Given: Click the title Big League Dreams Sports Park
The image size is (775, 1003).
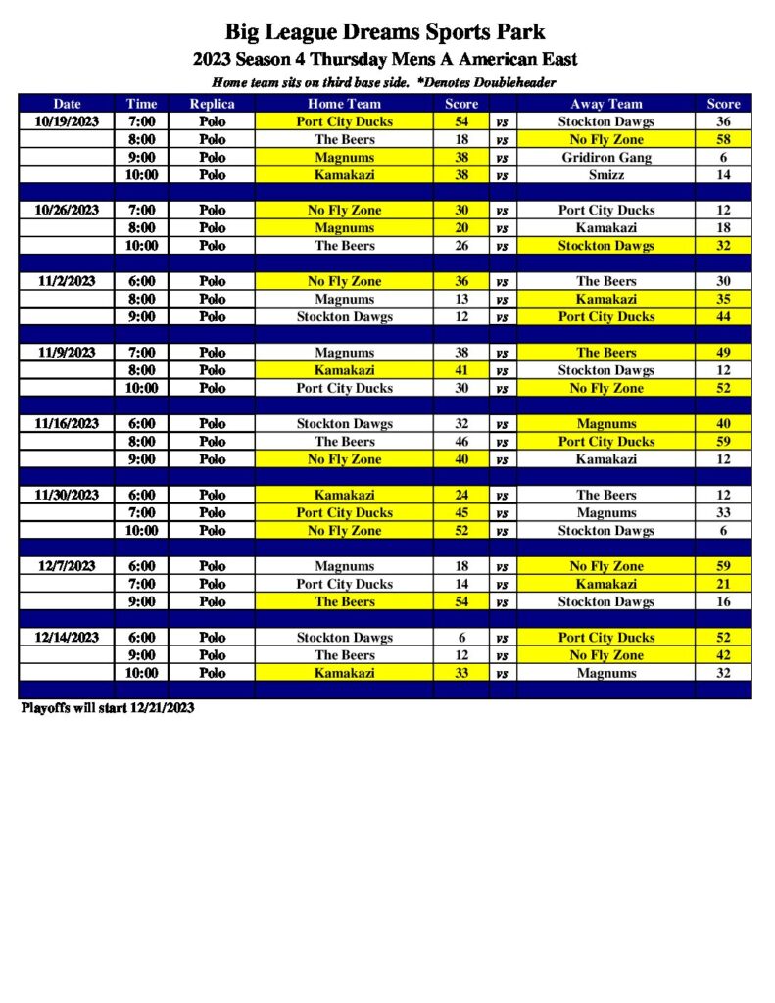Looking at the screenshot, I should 385,32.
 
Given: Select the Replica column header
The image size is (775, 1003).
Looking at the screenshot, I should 212,104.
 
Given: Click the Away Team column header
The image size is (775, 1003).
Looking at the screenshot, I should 605,104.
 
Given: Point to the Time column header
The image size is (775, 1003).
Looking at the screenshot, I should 141,104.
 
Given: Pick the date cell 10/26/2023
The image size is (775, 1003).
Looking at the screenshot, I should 67,211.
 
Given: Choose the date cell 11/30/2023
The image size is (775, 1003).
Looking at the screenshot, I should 67,496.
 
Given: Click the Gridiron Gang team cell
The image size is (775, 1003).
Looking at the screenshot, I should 605,158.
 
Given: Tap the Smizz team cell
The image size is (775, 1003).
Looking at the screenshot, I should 605,175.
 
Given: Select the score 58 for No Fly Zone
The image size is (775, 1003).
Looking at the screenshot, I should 723,140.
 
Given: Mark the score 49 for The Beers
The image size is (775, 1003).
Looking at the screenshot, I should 723,353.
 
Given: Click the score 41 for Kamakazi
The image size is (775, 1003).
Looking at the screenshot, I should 461,370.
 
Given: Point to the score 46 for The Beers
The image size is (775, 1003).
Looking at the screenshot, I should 461,442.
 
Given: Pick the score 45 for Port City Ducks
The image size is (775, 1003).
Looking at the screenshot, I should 461,513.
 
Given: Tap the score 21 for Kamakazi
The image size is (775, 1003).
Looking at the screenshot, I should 723,584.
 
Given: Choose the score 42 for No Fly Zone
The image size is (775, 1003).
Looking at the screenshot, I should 723,655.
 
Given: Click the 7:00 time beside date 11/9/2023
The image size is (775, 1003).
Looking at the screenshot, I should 141,353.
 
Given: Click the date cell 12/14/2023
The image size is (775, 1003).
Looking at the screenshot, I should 67,638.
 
